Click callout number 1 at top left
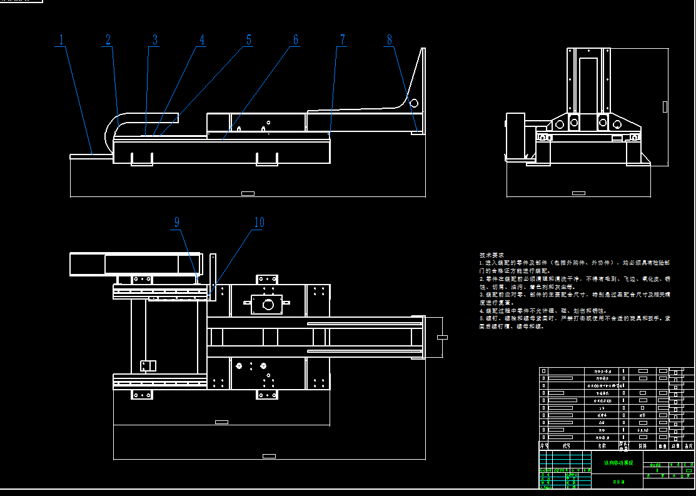(61, 39)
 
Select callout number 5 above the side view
(248, 39)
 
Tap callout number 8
(389, 39)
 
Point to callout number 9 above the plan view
(177, 222)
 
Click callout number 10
(258, 222)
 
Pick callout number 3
(154, 39)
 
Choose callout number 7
(342, 39)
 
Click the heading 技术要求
(492, 255)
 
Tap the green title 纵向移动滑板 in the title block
(618, 463)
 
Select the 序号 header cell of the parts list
(543, 446)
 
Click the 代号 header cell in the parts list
(566, 446)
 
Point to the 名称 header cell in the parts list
(602, 446)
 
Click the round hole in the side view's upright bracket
(413, 103)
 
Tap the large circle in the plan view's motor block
(268, 305)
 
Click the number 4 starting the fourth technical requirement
(481, 311)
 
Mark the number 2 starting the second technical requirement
(481, 279)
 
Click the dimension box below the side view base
(248, 193)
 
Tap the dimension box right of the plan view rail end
(442, 337)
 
